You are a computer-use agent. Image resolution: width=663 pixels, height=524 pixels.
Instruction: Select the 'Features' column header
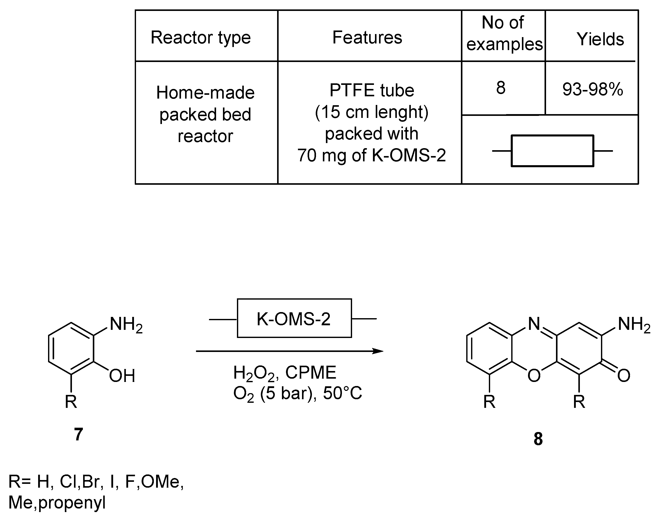[x=367, y=37]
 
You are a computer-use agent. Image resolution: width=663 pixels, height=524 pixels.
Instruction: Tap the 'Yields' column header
[x=600, y=39]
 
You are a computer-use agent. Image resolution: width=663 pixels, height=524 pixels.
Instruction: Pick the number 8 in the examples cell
[x=501, y=88]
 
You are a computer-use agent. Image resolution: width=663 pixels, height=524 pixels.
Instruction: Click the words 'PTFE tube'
[x=372, y=90]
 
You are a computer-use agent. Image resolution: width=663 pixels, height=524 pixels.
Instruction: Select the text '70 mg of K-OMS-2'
[x=371, y=155]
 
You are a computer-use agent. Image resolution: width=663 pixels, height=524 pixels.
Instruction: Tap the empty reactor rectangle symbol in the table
[x=552, y=151]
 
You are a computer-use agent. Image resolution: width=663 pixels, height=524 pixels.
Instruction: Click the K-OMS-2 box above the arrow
[x=294, y=318]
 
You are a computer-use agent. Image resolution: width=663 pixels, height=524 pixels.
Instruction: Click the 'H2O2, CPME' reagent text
[x=284, y=373]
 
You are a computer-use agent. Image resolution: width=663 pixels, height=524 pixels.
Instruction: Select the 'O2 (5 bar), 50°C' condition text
[x=297, y=394]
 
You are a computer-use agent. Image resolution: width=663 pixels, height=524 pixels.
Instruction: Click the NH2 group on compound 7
[x=126, y=324]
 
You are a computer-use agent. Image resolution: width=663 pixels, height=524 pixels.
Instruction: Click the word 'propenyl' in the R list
[x=72, y=502]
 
